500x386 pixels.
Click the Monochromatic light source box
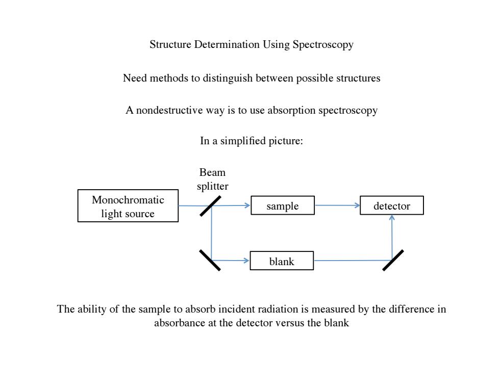click(128, 205)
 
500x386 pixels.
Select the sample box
click(283, 205)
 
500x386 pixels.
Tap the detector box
click(392, 205)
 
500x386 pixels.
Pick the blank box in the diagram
click(282, 261)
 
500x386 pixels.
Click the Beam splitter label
click(212, 179)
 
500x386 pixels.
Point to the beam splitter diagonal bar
click(210, 206)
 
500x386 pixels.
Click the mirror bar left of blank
click(210, 261)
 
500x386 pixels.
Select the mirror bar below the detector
click(393, 261)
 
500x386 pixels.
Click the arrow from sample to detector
click(337, 205)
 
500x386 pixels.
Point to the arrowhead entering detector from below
click(392, 218)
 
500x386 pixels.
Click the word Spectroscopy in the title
click(322, 44)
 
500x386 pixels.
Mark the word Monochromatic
click(128, 200)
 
